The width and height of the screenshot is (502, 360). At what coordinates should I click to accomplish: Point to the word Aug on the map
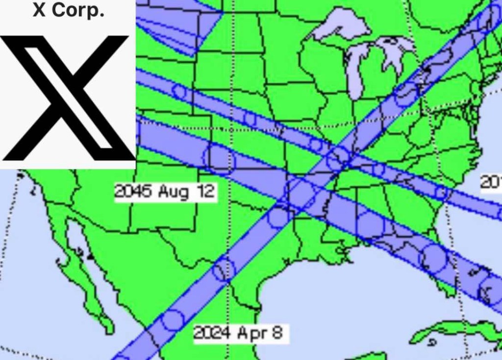(173, 192)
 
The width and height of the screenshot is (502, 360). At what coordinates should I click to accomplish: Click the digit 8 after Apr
(277, 333)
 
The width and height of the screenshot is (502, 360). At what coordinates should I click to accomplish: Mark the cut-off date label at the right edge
(491, 183)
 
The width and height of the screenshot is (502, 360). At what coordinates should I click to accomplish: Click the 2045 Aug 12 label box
(165, 192)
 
